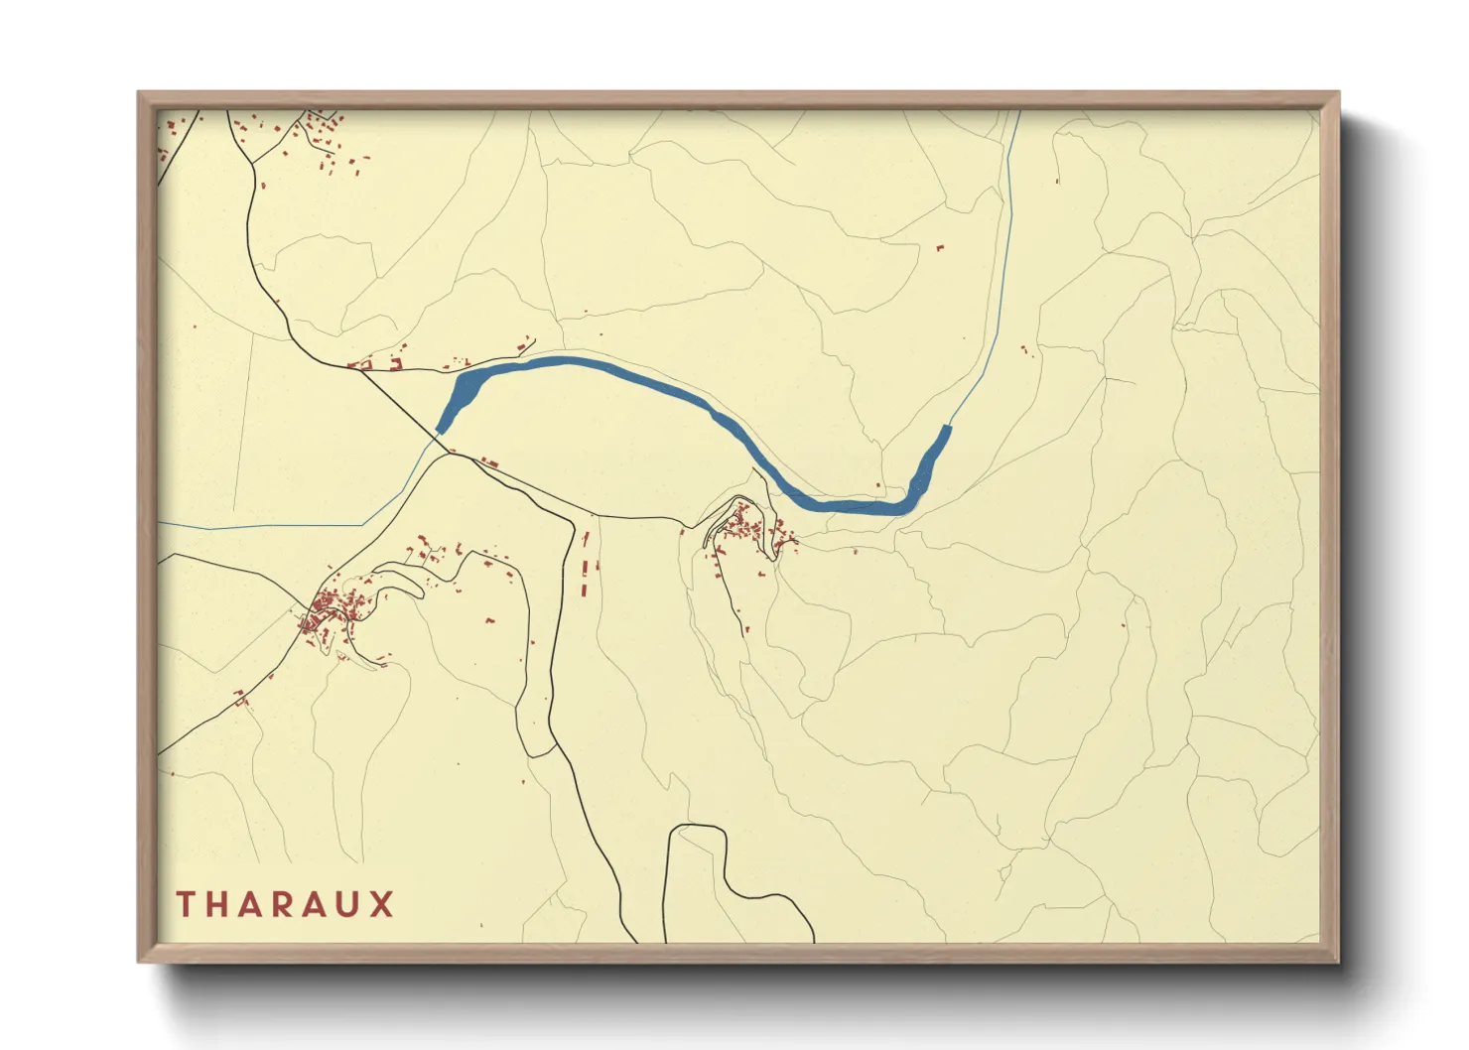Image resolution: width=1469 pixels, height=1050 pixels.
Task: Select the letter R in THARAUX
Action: (x=283, y=904)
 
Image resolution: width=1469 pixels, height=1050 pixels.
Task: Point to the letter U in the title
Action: (x=348, y=904)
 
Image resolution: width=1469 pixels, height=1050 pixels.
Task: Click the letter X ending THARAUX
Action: (x=382, y=904)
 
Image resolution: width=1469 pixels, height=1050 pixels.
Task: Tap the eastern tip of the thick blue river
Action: (x=946, y=430)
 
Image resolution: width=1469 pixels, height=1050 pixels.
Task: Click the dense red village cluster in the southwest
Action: (x=333, y=607)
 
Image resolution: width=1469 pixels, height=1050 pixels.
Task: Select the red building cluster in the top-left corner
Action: (x=323, y=139)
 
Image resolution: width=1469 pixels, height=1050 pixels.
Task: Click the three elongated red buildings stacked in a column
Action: (x=585, y=566)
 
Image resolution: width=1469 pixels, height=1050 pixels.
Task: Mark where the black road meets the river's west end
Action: (x=440, y=433)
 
